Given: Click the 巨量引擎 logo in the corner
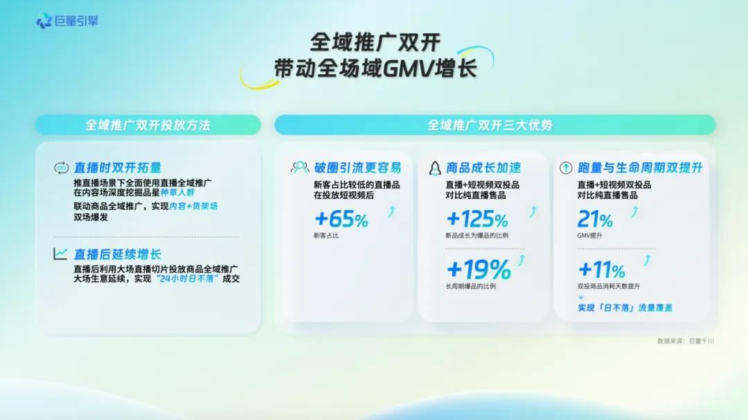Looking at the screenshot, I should tap(67, 21).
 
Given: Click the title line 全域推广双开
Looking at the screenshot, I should tap(375, 42).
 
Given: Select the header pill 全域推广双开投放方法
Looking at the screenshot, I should tap(148, 125).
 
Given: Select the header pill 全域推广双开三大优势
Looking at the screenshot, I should tap(495, 125).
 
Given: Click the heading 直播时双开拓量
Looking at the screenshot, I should tap(118, 168).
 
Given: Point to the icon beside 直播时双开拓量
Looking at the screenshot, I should tap(61, 168).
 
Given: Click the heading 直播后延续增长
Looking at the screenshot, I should tap(118, 254).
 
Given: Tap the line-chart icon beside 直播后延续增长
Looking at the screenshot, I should tap(61, 254).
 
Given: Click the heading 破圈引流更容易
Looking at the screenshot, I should tap(357, 168).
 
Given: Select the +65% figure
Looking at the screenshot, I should tap(341, 220).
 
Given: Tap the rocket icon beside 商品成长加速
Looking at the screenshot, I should tap(435, 168).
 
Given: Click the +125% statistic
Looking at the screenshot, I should tap(477, 220).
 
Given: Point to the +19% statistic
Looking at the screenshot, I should tap(479, 269).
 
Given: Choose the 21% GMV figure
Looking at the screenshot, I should tap(595, 220).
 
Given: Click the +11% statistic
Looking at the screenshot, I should tap(602, 269).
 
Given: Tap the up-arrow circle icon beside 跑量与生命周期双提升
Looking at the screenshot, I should tap(564, 168).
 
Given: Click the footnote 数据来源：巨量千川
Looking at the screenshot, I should tap(686, 341).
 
